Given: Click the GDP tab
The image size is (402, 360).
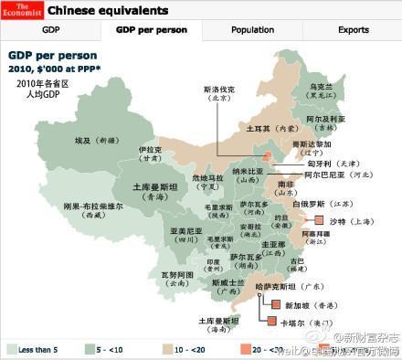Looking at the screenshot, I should [x=76, y=30].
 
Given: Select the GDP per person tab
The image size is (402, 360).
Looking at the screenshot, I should [x=152, y=30].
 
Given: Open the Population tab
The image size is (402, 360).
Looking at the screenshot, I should [x=252, y=30].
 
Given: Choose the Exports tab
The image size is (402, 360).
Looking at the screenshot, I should [x=354, y=30].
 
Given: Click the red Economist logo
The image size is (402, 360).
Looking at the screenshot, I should [x=20, y=10].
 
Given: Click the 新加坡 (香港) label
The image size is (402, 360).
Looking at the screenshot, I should [x=304, y=304].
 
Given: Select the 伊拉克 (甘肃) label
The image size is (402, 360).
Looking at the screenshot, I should [x=152, y=153].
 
